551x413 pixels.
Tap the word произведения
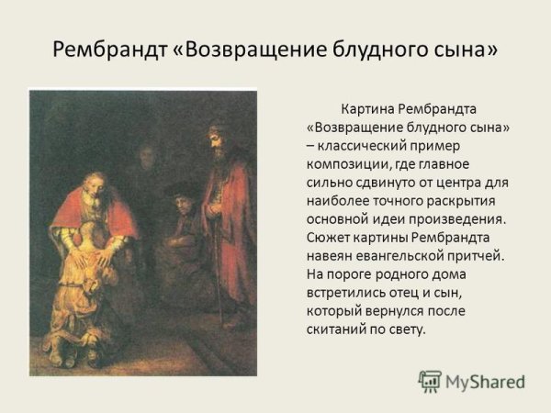coord(451,220)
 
